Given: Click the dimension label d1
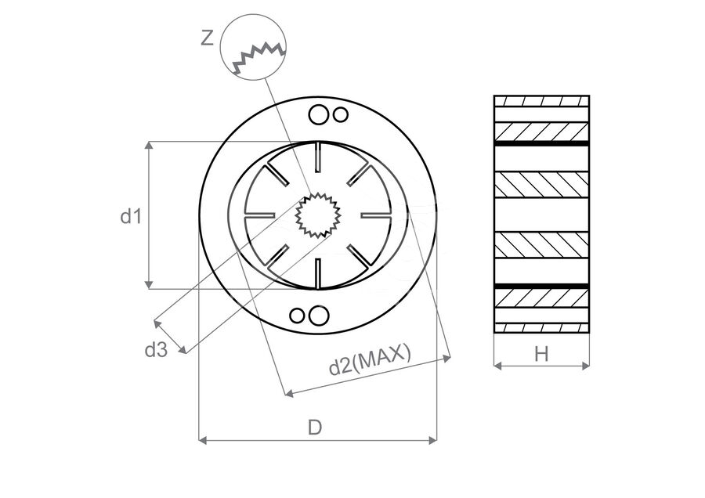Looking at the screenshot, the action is [131, 217].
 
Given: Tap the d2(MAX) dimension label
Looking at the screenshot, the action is [370, 359].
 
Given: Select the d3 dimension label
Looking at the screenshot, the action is [156, 349].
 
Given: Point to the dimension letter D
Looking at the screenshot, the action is [315, 428].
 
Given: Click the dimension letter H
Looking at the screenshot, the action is [541, 354].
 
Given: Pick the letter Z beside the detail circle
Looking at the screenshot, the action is [207, 38].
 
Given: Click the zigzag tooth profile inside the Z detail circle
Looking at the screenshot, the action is [259, 56].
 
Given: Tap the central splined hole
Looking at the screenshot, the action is [319, 215].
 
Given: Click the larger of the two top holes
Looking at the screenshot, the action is [319, 114].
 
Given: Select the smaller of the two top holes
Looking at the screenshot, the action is [341, 114].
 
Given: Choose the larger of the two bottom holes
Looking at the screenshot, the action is [318, 316].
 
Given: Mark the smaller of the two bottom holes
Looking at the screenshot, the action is [297, 316].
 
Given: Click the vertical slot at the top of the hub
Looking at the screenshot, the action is [319, 157].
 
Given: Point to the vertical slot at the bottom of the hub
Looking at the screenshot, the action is [318, 273].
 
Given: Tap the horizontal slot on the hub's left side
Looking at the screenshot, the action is [259, 215].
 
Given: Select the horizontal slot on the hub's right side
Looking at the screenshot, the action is [377, 215].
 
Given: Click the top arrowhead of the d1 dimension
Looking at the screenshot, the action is [150, 145].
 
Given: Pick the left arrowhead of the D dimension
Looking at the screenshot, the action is [202, 440].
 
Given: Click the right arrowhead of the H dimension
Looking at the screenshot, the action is [585, 366].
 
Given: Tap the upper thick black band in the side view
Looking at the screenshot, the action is [541, 143].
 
